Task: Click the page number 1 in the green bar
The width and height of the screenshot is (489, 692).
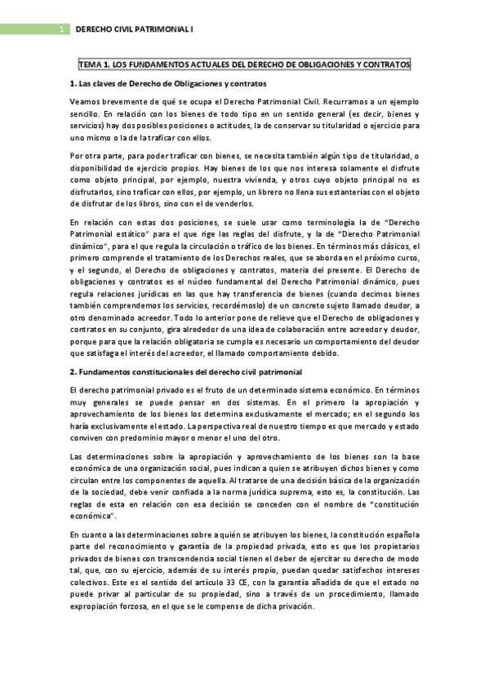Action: pos(63,29)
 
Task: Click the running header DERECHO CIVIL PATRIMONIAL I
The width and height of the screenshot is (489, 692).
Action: pos(134,29)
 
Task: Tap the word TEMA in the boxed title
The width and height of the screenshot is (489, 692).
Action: pos(88,64)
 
